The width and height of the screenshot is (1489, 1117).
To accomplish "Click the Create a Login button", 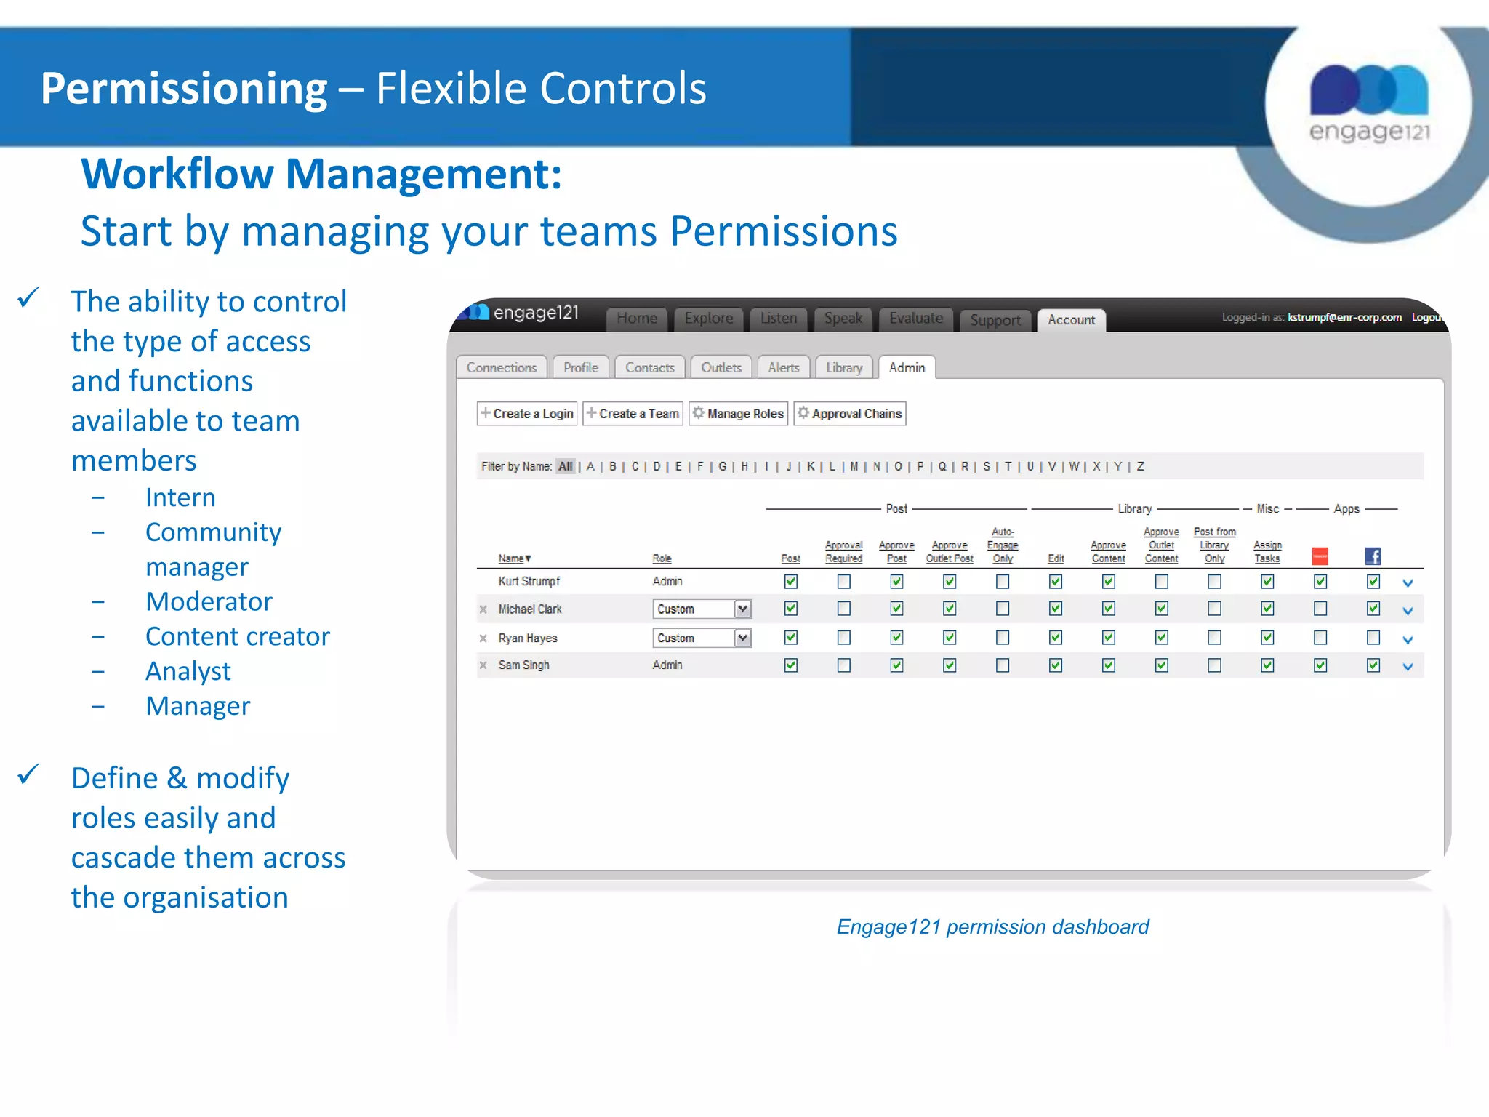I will click(527, 414).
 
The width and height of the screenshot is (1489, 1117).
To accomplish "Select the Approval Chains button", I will click(849, 414).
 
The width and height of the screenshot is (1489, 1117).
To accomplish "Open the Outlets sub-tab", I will click(721, 368).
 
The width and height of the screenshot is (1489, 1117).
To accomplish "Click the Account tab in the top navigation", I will click(1071, 320).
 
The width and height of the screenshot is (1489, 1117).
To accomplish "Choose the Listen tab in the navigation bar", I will click(778, 319).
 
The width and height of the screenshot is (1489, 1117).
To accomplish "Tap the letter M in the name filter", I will click(854, 467).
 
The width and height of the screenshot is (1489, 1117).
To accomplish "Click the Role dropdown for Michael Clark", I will click(702, 609).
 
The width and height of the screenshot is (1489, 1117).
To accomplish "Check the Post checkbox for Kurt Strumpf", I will click(791, 582).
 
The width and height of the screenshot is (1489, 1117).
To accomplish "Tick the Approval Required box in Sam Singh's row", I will click(843, 665).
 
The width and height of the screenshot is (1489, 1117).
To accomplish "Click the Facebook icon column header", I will click(1373, 556).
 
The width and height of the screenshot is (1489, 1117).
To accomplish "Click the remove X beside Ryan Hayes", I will click(483, 638).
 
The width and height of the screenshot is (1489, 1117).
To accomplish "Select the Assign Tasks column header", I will click(1267, 552).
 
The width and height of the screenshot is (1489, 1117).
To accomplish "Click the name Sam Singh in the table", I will click(523, 665).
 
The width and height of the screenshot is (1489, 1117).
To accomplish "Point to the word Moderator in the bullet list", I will click(209, 602).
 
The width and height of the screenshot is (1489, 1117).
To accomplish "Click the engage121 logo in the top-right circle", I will click(1369, 102).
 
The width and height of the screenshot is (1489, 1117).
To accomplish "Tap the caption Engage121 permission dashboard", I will click(992, 927).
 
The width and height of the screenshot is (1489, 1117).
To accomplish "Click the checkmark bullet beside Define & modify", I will click(28, 775).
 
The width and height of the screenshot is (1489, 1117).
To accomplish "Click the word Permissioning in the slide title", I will click(184, 89).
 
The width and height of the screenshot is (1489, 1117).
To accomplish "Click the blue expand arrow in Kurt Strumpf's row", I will click(1408, 583).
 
